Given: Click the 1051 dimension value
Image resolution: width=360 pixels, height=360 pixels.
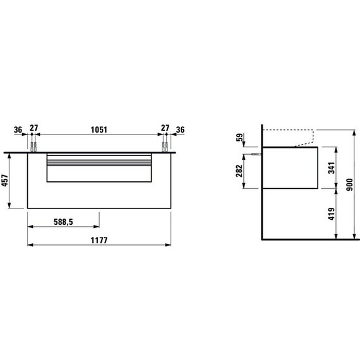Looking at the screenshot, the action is click(99, 129).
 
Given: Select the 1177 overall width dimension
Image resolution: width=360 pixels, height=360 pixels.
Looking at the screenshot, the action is click(99, 241).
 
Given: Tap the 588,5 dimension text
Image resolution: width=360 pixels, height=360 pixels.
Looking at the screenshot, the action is click(63, 222).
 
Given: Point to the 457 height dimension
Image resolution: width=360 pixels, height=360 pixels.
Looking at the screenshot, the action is click(5, 181).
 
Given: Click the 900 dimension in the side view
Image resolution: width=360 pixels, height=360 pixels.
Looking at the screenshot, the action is click(349, 184).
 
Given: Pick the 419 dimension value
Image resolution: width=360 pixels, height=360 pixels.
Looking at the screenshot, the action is click(332, 214).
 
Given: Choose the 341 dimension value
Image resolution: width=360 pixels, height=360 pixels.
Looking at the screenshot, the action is click(332, 168).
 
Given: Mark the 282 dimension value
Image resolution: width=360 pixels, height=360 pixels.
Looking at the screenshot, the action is click(239, 171).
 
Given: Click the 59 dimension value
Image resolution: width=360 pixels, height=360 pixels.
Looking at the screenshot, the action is click(239, 137).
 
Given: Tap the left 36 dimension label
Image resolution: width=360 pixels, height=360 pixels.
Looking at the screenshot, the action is click(18, 129).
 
